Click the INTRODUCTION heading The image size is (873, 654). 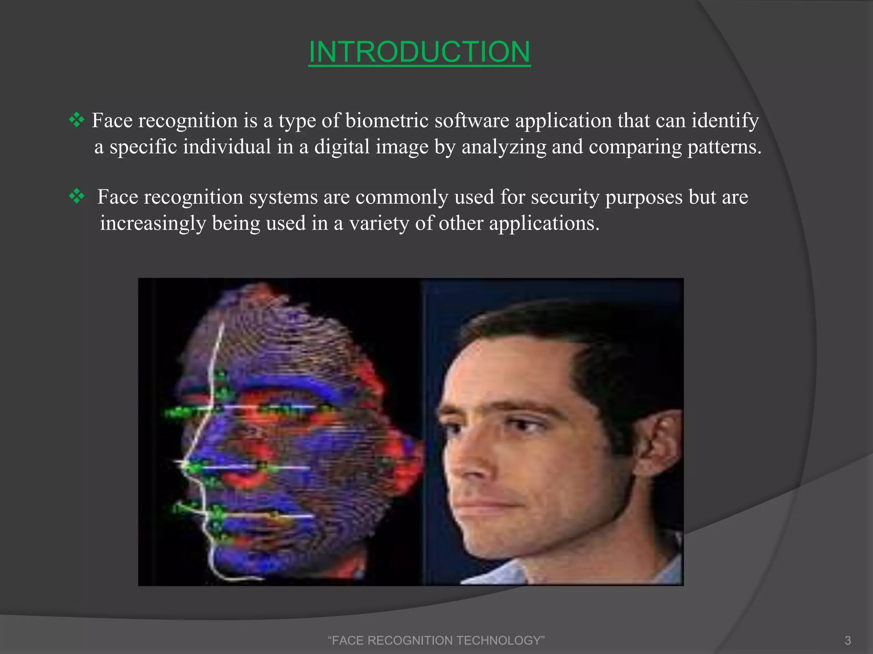pos(419,52)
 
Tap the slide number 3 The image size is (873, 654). pos(847,640)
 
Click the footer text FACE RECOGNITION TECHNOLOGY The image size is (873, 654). pos(436,640)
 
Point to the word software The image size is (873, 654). pos(472,120)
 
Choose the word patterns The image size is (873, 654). pos(724,147)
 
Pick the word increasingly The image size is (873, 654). pos(153,224)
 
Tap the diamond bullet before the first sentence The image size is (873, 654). pos(77,120)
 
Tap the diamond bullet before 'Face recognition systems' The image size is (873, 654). pos(77,196)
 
